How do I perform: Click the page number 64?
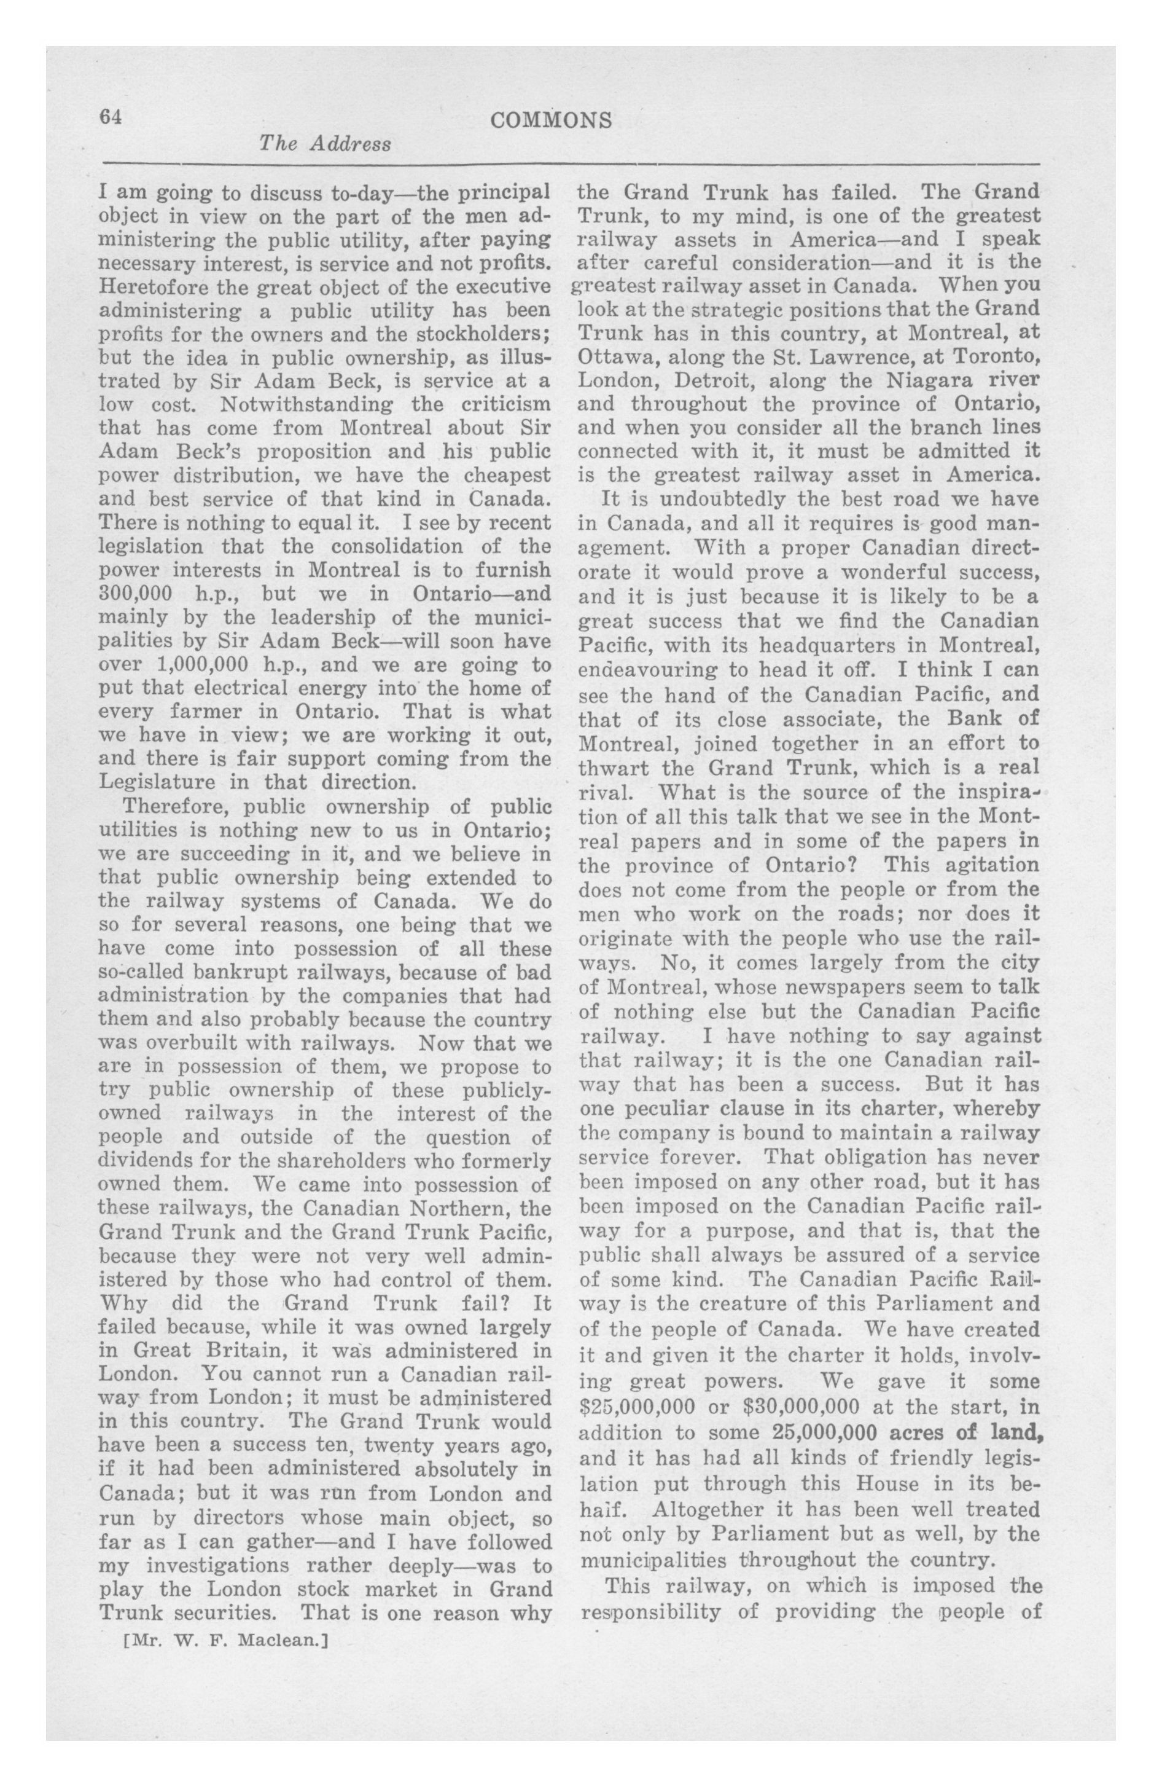click(111, 117)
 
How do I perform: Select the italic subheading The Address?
click(324, 144)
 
